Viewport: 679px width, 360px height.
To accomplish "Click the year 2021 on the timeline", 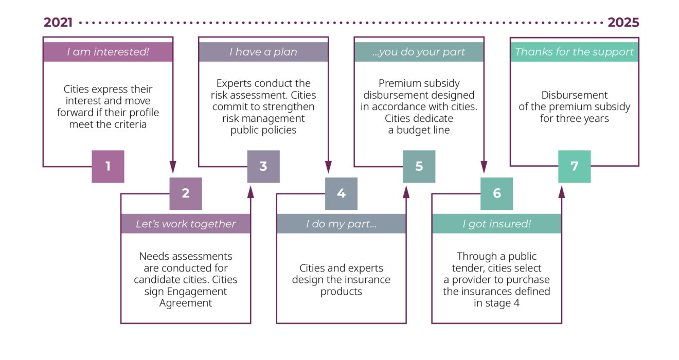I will point(58,23).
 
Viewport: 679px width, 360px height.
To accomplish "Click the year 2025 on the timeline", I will point(623,23).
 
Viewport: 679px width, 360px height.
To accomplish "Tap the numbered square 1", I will point(108,167).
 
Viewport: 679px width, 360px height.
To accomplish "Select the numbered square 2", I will point(186,193).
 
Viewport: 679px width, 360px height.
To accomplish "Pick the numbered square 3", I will point(263,167).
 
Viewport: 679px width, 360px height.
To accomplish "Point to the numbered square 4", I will point(341,193).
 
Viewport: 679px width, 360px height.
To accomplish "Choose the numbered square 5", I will point(419,167).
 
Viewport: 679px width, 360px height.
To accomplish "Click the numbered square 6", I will point(496,193).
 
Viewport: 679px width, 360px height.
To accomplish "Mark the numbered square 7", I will point(574,167).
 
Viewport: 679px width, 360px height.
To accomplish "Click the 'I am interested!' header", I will point(108,52).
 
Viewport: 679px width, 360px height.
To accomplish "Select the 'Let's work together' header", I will point(186,224).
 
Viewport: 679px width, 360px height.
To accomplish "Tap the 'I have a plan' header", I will point(263,52).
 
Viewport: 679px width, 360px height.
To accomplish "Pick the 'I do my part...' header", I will point(341,224).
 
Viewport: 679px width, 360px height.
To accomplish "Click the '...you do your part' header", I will point(419,52).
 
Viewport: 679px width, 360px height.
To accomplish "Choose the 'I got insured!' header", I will point(496,224).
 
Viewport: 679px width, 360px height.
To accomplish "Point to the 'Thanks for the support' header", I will point(574,52).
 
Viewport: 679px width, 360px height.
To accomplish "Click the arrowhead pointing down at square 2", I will point(173,167).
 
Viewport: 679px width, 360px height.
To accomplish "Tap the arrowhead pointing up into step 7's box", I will point(562,192).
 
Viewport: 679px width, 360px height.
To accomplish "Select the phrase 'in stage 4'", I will point(496,303).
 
